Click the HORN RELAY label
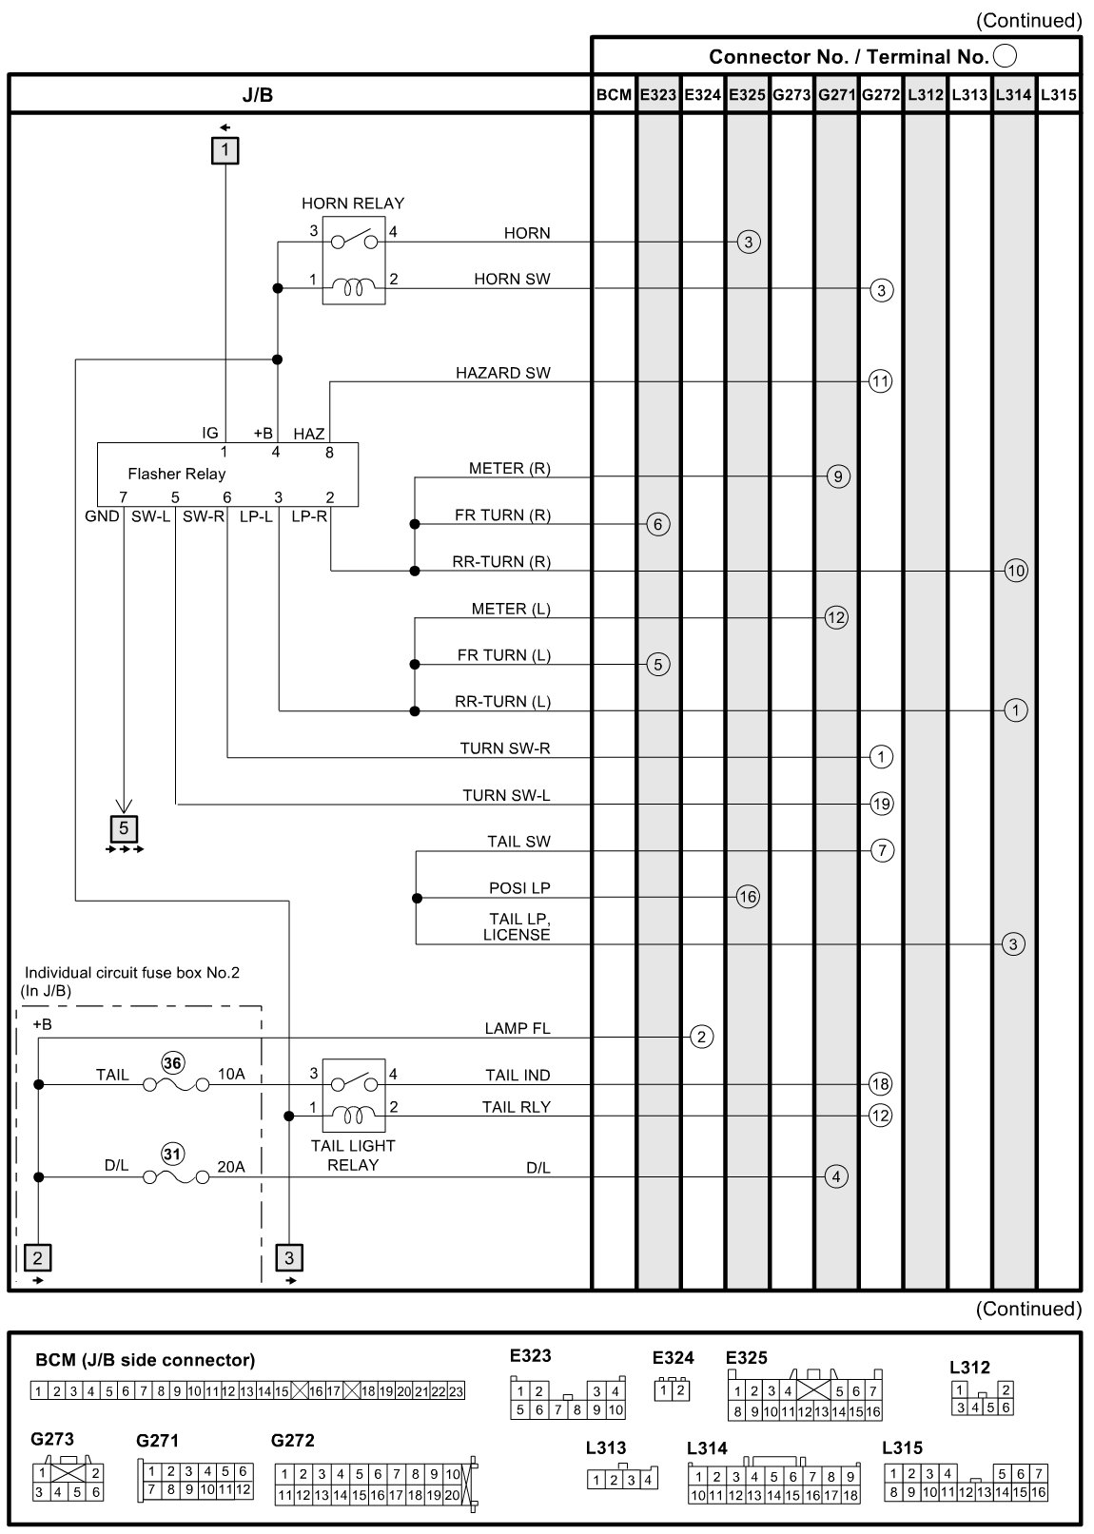(353, 203)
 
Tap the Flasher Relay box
(228, 474)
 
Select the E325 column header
(748, 94)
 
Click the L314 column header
(1014, 94)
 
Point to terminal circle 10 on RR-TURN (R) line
(1015, 571)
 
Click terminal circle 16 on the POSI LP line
(748, 897)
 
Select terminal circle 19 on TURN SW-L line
(881, 804)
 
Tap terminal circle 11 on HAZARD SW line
(881, 381)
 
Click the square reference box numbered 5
(124, 827)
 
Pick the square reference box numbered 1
(225, 150)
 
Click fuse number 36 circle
(173, 1062)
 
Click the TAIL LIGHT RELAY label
(353, 1155)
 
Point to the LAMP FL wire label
(518, 1028)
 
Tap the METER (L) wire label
(511, 609)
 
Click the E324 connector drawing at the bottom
(674, 1388)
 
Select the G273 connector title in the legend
(52, 1438)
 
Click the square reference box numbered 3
(289, 1257)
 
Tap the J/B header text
(258, 94)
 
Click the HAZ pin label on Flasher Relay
(309, 434)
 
